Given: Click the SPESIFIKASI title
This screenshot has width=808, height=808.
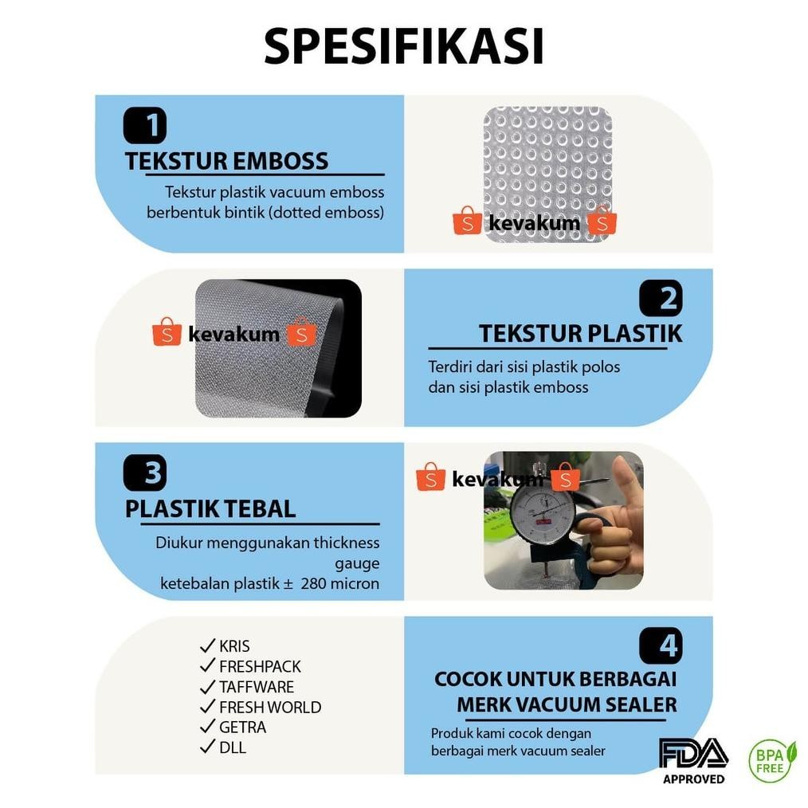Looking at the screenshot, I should [404, 47].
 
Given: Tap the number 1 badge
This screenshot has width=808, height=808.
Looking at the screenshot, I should [144, 125].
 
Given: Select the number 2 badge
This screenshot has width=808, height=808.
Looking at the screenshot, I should [661, 299].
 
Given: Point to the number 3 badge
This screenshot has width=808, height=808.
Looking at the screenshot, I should [144, 473].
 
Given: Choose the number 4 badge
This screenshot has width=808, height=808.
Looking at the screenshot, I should [661, 645].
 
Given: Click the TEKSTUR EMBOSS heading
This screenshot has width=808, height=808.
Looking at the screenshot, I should [226, 161].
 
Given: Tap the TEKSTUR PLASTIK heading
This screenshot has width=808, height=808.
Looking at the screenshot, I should [580, 334].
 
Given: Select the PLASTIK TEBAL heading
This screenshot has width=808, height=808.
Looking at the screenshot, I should [210, 508].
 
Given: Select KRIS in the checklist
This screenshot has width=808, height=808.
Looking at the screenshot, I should [234, 646].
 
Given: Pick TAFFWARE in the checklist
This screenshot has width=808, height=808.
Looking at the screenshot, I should [257, 687].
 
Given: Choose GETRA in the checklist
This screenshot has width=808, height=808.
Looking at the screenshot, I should [242, 727].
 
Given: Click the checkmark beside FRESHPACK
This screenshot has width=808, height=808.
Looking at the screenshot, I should [208, 666].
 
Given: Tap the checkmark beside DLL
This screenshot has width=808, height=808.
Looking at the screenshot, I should [208, 747].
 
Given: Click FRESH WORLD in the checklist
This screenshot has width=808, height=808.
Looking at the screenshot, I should [270, 707].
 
